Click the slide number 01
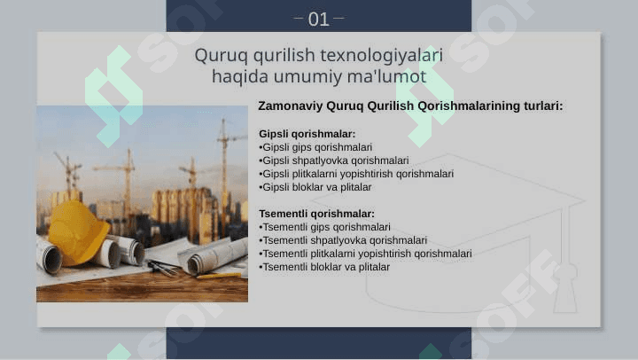click(x=318, y=20)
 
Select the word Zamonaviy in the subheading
click(x=290, y=106)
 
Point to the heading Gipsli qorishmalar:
click(x=307, y=134)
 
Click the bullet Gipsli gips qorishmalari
click(x=315, y=147)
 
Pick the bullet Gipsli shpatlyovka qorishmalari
click(x=334, y=160)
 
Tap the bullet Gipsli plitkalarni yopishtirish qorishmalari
click(x=356, y=174)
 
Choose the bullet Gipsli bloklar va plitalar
click(x=315, y=187)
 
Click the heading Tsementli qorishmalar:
click(x=316, y=214)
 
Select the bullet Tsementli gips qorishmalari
click(x=324, y=227)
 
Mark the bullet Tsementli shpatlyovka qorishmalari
click(x=343, y=240)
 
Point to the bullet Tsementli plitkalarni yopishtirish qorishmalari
click(x=365, y=254)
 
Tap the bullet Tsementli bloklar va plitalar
click(x=324, y=267)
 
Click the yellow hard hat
click(x=78, y=232)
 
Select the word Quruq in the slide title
click(x=221, y=56)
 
